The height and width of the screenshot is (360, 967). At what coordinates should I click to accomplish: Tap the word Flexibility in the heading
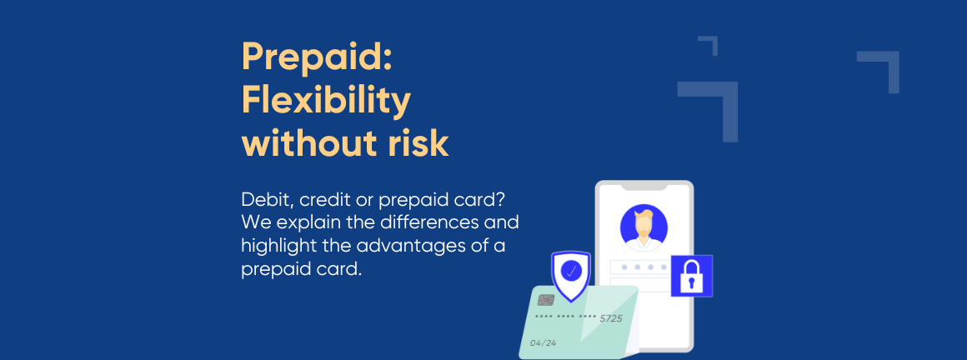pos(326,101)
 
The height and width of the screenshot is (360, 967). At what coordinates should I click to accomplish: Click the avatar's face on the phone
pos(644,223)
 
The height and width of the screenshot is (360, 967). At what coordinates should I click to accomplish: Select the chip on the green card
pos(546,299)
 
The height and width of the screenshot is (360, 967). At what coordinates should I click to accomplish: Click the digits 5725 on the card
pos(611,318)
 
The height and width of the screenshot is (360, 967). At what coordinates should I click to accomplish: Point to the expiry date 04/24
pos(543,342)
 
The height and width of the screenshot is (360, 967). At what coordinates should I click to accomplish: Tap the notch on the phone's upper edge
pos(644,186)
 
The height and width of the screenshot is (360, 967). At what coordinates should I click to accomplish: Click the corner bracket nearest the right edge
pos(883,66)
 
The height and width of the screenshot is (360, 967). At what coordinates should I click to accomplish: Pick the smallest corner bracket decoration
pos(709,45)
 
